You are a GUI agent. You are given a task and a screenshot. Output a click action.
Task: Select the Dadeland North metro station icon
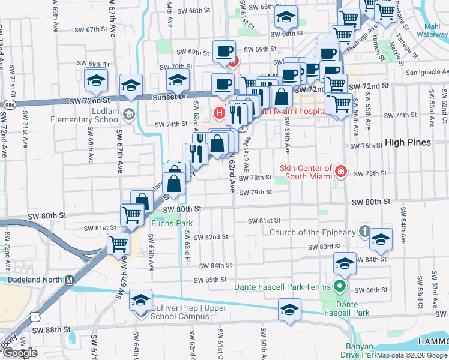coord(69,280)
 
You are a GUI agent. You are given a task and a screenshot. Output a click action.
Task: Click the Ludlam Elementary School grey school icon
coord(128,114)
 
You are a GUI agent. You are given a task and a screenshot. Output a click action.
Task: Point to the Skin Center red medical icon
coord(341,172)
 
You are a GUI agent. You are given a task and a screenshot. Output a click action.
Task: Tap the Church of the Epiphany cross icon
coord(364,232)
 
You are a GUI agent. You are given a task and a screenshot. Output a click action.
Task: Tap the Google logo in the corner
coord(20,353)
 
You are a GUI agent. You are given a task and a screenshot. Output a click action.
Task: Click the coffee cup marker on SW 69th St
coord(224,51)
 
